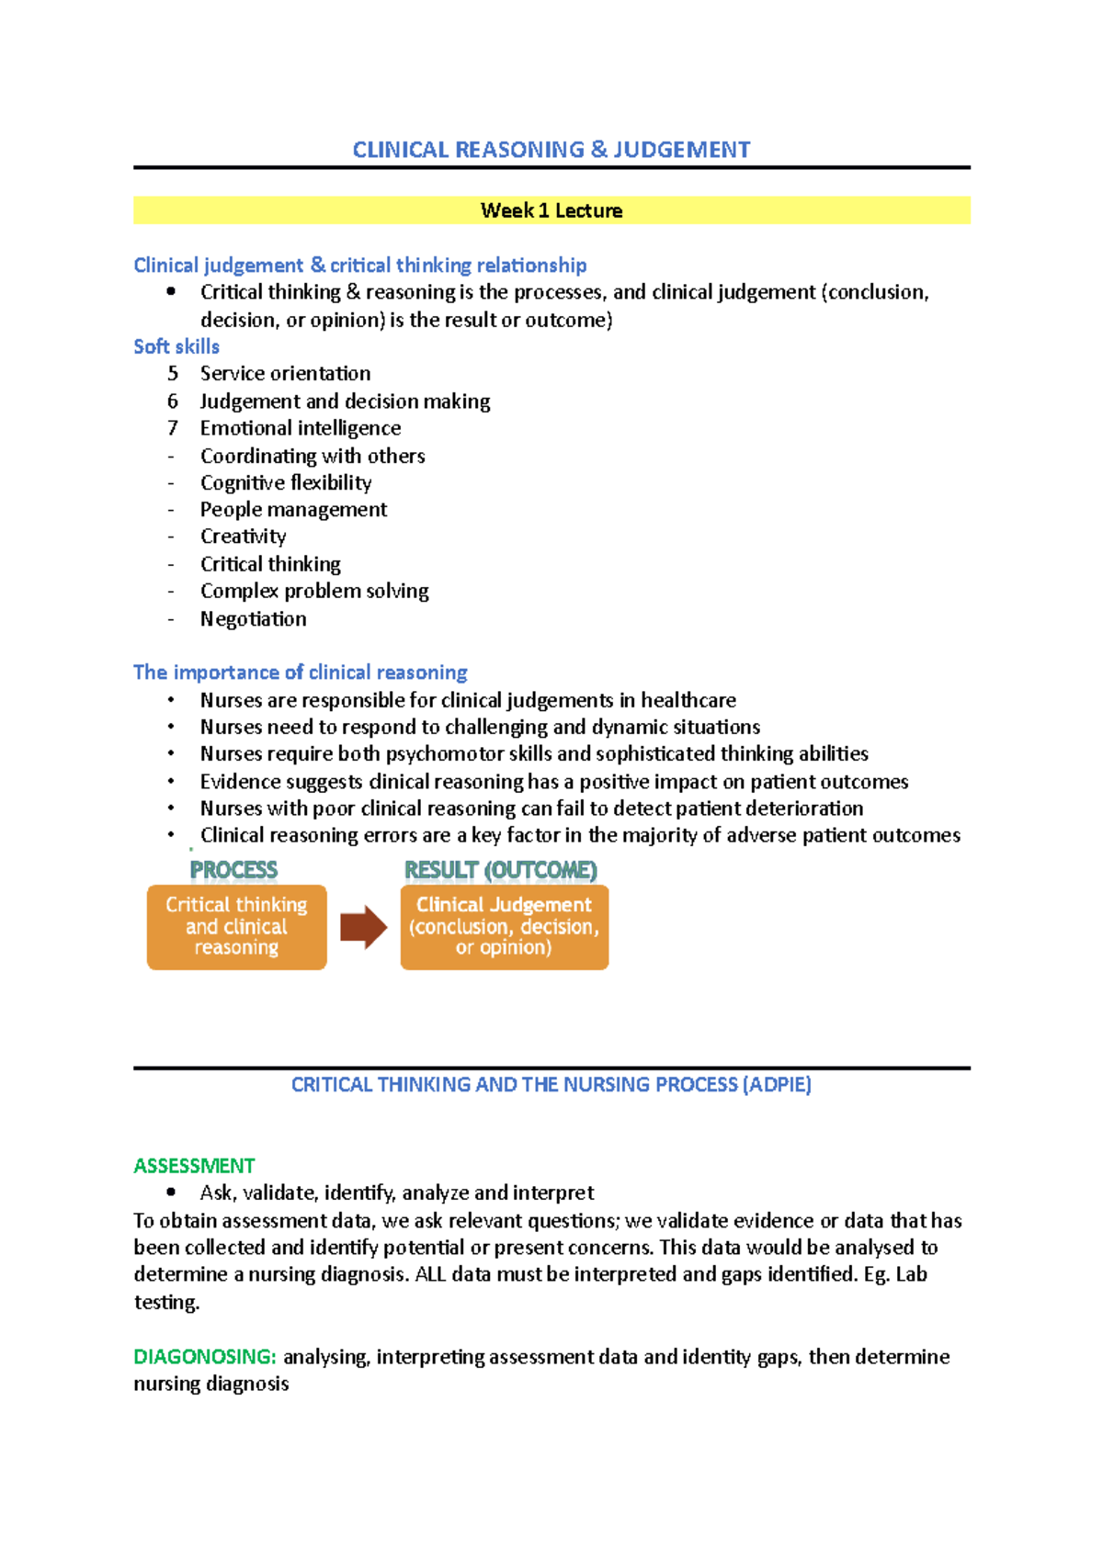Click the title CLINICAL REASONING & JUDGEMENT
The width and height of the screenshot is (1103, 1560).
[551, 150]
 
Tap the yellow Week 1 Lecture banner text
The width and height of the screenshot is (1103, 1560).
[551, 210]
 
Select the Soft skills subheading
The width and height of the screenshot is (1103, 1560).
[176, 346]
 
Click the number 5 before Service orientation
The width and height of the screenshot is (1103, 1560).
[172, 373]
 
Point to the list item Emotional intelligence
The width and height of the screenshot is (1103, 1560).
[301, 428]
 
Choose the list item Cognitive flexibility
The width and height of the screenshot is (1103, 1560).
[286, 482]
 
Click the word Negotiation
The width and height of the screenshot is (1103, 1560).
[254, 618]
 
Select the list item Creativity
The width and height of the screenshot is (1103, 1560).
[243, 537]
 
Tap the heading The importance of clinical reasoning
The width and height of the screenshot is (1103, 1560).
[301, 673]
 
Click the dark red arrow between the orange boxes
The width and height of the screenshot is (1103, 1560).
[364, 927]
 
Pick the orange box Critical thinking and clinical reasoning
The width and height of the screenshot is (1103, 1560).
[237, 927]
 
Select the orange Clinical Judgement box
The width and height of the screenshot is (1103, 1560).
[505, 927]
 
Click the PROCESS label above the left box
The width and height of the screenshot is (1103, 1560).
[233, 869]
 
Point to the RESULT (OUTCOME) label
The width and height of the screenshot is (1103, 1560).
[501, 869]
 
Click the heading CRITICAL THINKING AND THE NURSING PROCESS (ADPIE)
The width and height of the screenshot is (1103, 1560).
[551, 1085]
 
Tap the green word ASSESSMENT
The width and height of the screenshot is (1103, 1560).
[194, 1166]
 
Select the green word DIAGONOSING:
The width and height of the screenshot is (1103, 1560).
[204, 1357]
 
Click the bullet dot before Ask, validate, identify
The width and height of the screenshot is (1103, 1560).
[171, 1193]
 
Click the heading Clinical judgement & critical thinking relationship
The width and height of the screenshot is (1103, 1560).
[360, 266]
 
